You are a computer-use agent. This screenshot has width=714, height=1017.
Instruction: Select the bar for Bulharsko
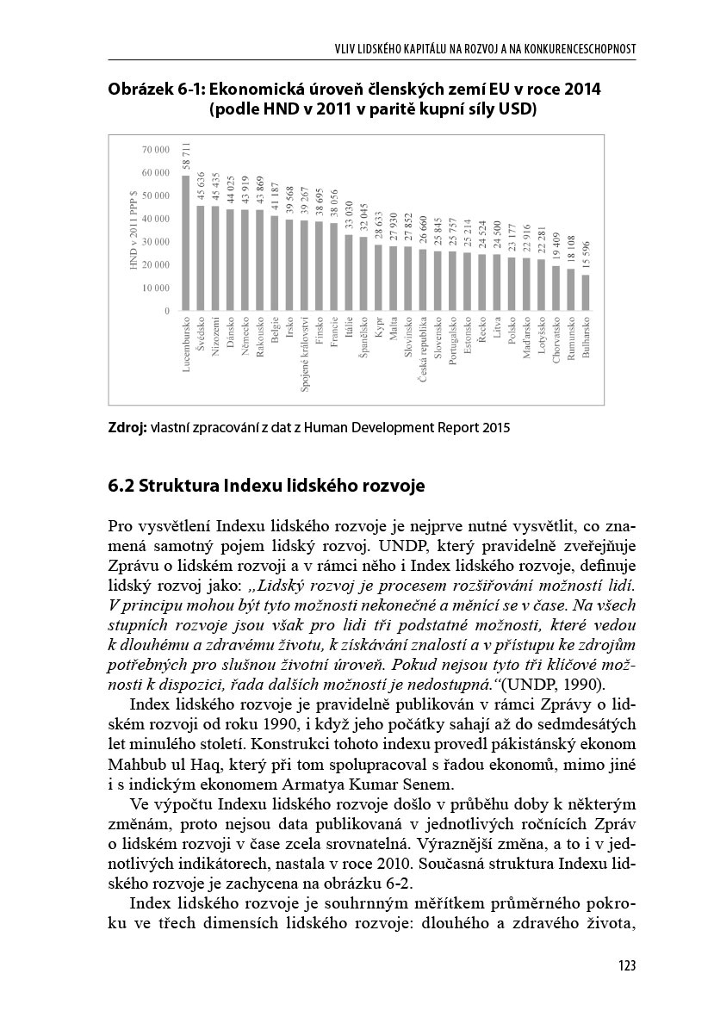point(586,293)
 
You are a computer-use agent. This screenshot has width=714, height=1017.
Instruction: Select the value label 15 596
point(586,255)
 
